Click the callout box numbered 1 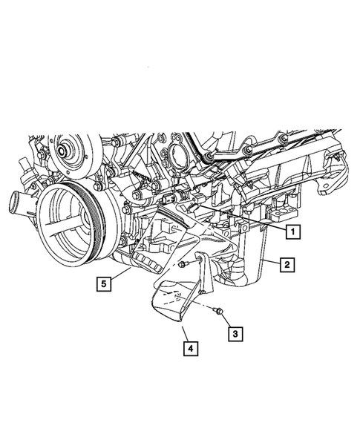[x=294, y=231]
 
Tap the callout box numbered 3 [x=235, y=334]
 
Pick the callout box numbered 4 [x=190, y=346]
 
